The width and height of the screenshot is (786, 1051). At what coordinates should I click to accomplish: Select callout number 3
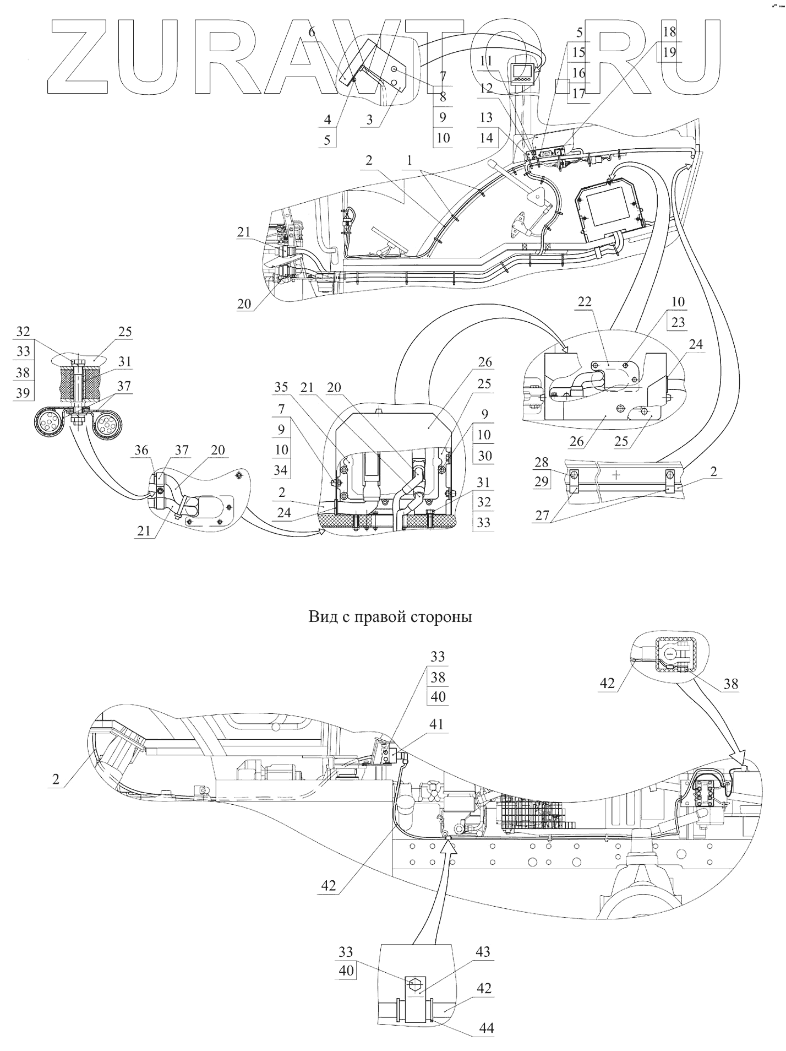click(x=369, y=120)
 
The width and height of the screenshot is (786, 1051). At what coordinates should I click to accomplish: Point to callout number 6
click(x=312, y=32)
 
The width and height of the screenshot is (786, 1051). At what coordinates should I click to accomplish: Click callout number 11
click(x=485, y=61)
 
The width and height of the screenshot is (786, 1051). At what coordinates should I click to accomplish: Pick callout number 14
click(x=486, y=137)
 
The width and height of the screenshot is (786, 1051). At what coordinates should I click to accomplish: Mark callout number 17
click(x=578, y=94)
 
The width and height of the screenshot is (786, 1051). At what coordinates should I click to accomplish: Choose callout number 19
click(x=670, y=52)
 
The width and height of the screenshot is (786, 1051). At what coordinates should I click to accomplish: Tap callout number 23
click(x=678, y=322)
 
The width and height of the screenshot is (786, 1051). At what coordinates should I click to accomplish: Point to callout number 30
click(x=484, y=456)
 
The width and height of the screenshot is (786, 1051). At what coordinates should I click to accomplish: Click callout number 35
click(x=281, y=387)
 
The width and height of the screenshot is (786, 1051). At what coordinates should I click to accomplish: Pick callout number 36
click(x=141, y=450)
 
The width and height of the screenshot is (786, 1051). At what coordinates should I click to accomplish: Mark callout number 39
click(x=23, y=393)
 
